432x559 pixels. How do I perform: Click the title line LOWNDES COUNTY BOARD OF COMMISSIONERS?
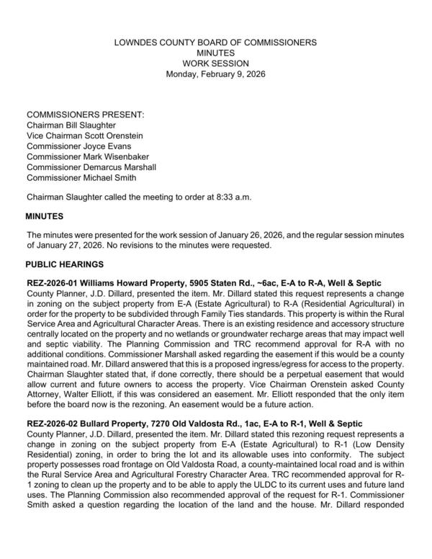(215, 43)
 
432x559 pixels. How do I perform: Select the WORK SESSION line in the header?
(215, 63)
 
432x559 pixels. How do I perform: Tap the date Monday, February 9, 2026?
(215, 73)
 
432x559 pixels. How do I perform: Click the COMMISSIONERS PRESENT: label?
(86, 115)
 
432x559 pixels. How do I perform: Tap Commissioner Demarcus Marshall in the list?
(91, 167)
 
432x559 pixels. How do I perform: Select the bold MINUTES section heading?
(45, 216)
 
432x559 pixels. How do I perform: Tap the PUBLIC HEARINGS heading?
(65, 264)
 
